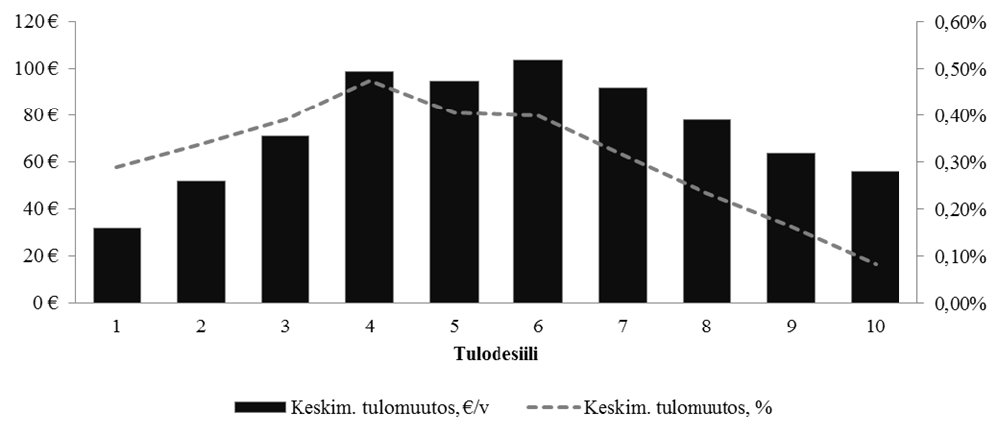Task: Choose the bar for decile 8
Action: pos(706,211)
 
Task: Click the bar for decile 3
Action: pos(286,219)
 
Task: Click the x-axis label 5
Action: pos(454,325)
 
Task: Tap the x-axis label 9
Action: pos(791,325)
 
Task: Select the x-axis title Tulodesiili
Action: pos(496,353)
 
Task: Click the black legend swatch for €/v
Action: pos(260,407)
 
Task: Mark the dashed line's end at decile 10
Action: pos(875,264)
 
